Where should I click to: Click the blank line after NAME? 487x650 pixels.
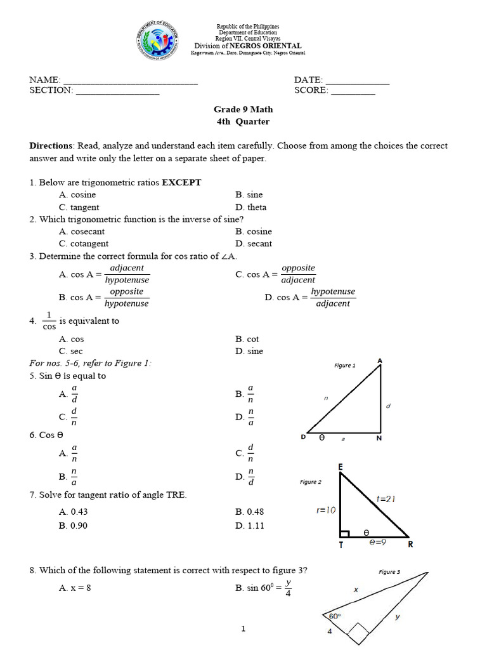[x=131, y=81]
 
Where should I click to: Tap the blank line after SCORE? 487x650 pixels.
[x=353, y=91]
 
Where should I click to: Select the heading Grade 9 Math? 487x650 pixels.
[x=243, y=110]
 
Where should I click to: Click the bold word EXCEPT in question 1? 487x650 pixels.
[x=181, y=183]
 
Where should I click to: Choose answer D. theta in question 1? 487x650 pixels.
[x=250, y=207]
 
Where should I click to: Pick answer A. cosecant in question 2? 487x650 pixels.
[x=83, y=232]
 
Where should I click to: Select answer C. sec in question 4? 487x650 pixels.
[x=71, y=351]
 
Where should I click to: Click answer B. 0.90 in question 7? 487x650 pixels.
[x=73, y=526]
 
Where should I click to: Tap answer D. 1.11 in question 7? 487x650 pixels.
[x=250, y=526]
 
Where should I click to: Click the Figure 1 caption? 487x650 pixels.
[x=345, y=366]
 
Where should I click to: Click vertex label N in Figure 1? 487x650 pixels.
[x=379, y=438]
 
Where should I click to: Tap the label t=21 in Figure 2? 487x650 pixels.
[x=386, y=499]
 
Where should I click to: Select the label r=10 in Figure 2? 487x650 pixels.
[x=327, y=510]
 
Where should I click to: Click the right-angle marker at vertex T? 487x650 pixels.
[x=345, y=534]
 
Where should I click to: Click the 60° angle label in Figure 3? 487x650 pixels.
[x=334, y=616]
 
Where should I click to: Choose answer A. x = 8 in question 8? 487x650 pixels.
[x=75, y=588]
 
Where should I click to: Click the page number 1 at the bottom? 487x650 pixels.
[x=243, y=629]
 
